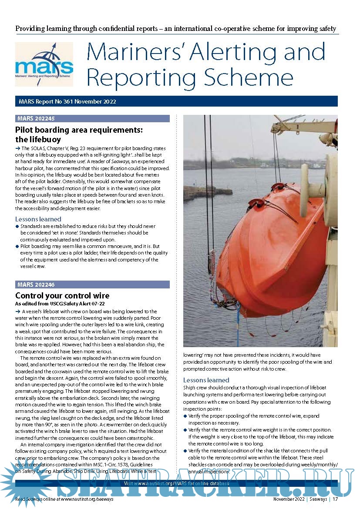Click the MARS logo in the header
point(44,64)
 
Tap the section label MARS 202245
point(37,118)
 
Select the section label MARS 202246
point(37,285)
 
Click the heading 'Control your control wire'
point(62,296)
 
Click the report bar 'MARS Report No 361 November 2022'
point(67,101)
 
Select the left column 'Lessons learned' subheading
point(38,219)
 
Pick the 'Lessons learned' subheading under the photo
point(206,380)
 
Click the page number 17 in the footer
point(335,499)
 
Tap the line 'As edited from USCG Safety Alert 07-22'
point(60,304)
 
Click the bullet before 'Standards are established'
point(17,227)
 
